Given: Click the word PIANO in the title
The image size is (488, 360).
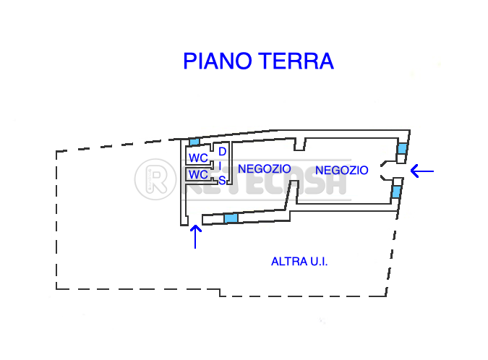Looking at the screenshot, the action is pos(217,61).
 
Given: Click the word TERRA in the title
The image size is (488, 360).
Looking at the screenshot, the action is pos(296,61).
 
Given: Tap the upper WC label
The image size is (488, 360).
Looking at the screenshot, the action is pos(198,158).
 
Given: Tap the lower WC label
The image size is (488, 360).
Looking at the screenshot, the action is pos(198,174).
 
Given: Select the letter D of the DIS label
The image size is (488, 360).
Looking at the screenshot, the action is pos(222,152).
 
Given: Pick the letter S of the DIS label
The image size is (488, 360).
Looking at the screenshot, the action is pos(222,181).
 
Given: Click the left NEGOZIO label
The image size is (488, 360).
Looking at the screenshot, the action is pos(264,169).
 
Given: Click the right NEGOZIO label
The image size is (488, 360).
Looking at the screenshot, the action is pos(342,170).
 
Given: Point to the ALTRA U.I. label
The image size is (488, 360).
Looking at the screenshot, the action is pos(299,262).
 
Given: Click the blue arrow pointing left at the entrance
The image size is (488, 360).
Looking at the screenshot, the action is pos(422,171).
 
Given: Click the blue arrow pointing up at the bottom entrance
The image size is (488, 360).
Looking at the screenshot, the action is pos(195,237).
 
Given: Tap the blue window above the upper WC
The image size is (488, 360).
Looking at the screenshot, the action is pos(194,142).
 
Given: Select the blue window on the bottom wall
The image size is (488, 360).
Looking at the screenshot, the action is pos(231,218).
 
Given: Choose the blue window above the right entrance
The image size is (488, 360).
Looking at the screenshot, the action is pos(402,148).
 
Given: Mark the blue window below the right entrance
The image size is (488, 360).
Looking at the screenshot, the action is pos(396,192).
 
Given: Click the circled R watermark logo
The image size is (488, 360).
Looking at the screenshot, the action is pos(155,179).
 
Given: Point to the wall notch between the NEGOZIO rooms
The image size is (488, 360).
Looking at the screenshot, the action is pos(300,145).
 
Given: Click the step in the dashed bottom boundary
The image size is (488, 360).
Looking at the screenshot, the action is pos(220,293).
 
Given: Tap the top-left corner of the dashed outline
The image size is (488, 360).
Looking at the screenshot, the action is pos(56,152).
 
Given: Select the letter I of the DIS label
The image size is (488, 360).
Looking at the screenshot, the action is pos(220,166).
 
